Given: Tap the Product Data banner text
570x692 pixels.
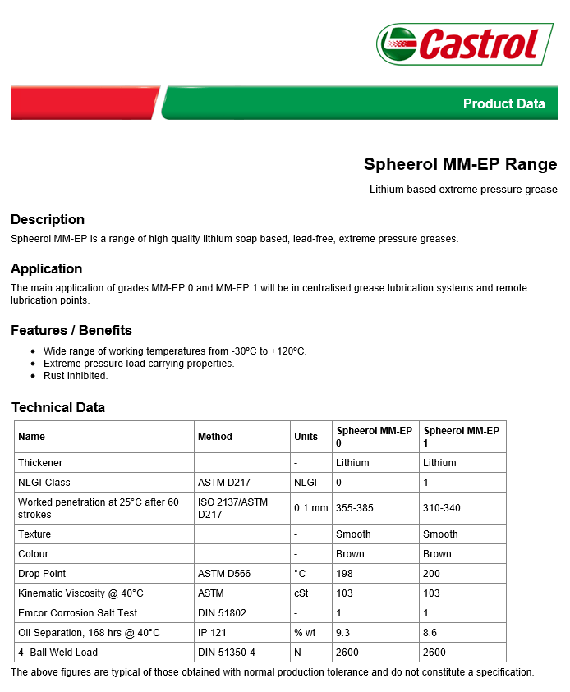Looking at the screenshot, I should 503,103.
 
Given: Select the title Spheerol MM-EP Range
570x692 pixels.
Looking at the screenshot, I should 460,164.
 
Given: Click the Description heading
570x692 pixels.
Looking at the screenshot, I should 48,219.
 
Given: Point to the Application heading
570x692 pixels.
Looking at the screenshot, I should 47,268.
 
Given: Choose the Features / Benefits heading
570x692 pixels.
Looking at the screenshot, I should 71,330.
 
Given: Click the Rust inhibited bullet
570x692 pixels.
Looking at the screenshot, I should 76,376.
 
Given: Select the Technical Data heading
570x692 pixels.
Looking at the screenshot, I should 58,407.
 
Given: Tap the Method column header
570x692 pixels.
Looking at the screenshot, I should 215,437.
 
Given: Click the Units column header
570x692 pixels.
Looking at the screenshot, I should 306,437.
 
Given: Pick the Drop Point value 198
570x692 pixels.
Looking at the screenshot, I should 344,574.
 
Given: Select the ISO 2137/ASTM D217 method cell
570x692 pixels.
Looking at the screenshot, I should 232,508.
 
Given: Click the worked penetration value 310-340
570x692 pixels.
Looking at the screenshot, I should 441,508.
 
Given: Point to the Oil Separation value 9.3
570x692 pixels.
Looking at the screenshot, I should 344,633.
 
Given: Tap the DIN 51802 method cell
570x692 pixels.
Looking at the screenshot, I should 222,613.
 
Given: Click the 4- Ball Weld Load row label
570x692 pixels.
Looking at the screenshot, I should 58,653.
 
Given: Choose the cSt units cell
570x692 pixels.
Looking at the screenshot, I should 301,593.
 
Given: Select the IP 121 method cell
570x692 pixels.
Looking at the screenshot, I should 212,633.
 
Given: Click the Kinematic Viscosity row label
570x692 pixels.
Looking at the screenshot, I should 80,593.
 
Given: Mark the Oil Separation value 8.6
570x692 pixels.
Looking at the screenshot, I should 431,633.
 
